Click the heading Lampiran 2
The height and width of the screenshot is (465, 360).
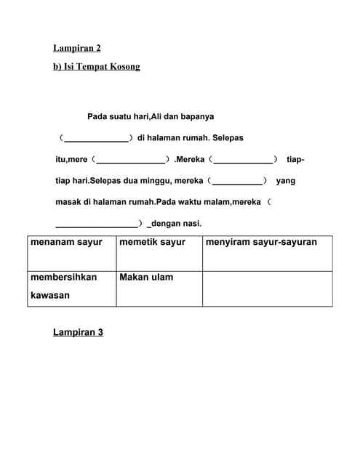tap(76, 49)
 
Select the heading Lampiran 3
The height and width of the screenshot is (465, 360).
tap(78, 332)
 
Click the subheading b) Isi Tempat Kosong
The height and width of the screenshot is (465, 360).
tap(96, 67)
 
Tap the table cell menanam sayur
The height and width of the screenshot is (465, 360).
tap(66, 243)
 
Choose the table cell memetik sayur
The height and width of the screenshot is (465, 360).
tap(152, 243)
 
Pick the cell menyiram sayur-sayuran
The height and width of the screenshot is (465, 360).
tap(261, 243)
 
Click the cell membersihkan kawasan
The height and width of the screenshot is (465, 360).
tap(63, 286)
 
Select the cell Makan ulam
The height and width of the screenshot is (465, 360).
tap(146, 278)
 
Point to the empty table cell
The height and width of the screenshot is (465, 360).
tap(267, 288)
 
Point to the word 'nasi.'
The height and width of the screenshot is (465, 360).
tap(191, 224)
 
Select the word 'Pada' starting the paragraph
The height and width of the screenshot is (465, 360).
tap(97, 116)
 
